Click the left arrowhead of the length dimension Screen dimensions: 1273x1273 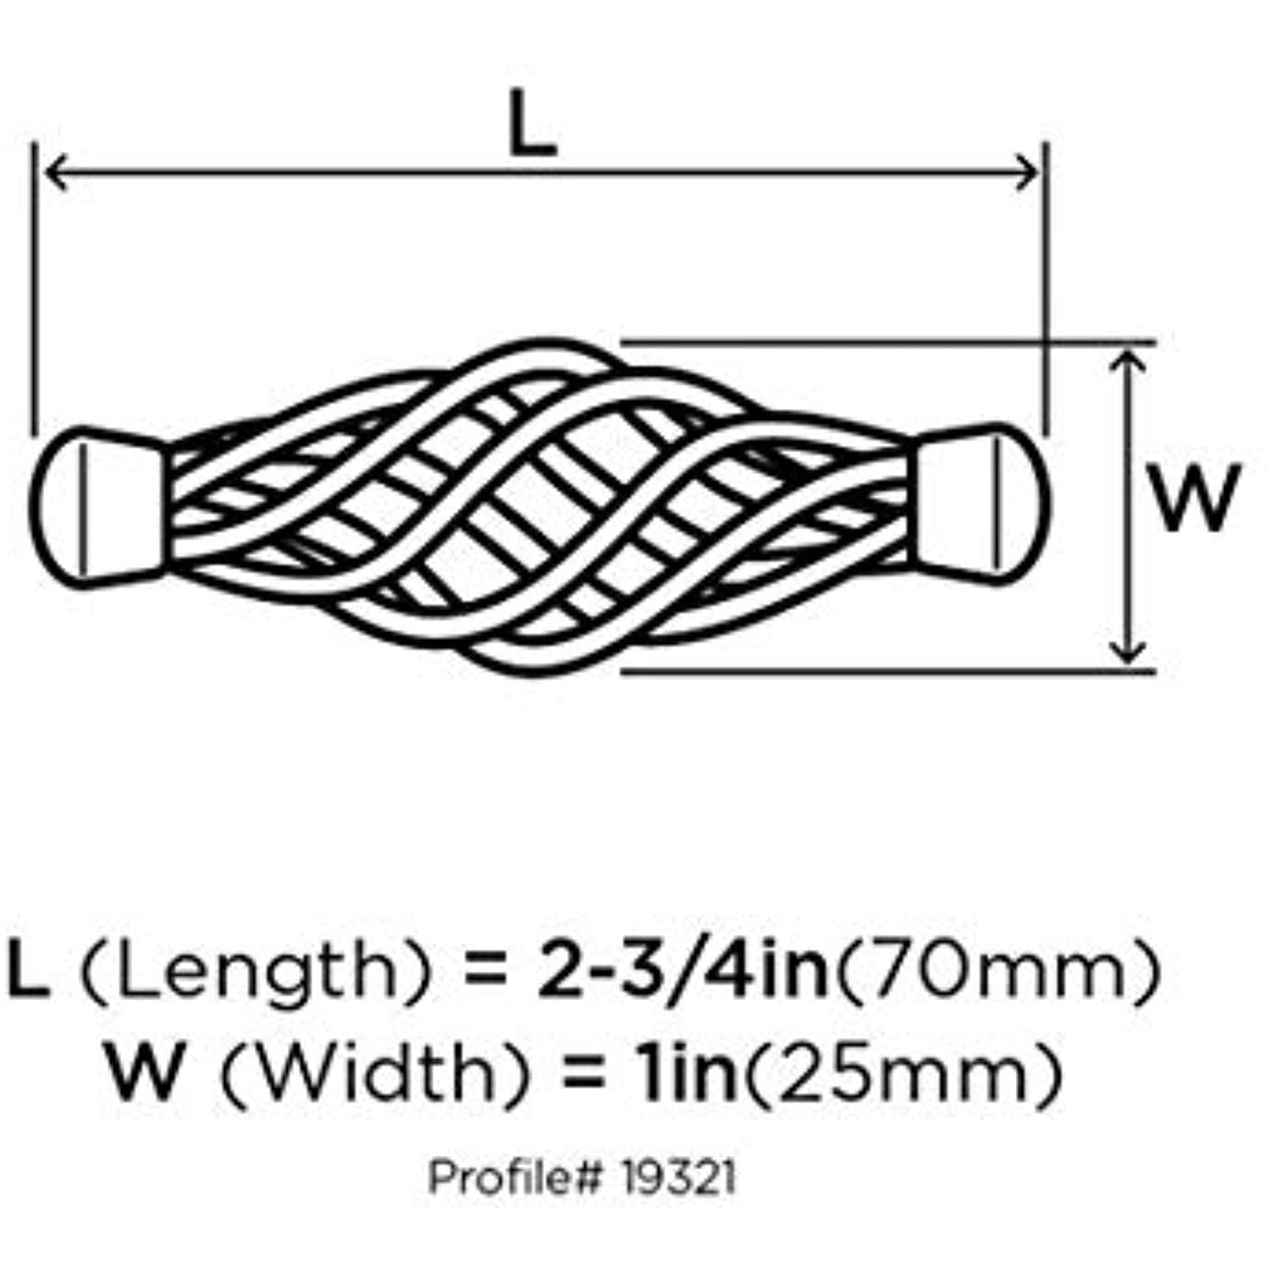(53, 173)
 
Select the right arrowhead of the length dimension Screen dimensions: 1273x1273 (1029, 173)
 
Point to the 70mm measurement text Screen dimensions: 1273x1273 (996, 970)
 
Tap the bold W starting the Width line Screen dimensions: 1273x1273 (144, 1071)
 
